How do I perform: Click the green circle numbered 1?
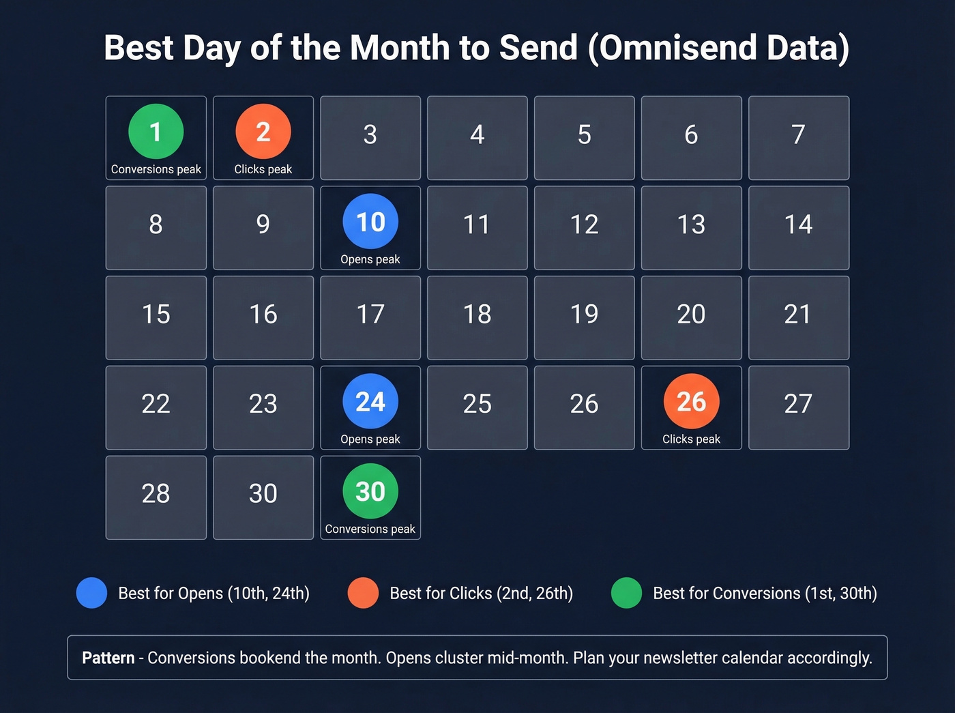tap(156, 131)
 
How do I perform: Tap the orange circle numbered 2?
tap(263, 131)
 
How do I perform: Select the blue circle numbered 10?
tap(370, 221)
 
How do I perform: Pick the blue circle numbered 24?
tap(370, 401)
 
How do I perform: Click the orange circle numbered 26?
tap(691, 401)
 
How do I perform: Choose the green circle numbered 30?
tap(370, 491)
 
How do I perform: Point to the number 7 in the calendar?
tap(798, 134)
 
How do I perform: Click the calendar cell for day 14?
tap(798, 227)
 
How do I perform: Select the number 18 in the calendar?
tap(477, 314)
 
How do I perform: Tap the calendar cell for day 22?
tap(156, 407)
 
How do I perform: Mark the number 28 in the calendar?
tap(156, 493)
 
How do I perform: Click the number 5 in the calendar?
tap(584, 134)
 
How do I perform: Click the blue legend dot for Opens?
tap(91, 593)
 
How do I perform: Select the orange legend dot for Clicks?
tap(363, 593)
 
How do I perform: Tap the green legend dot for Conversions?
tap(626, 593)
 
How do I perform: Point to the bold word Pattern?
tap(108, 658)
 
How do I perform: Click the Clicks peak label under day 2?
tap(263, 169)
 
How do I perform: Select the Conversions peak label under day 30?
tap(370, 529)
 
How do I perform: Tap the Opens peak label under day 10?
tap(370, 259)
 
